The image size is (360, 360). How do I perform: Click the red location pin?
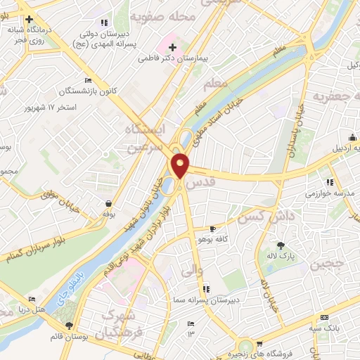click(180, 165)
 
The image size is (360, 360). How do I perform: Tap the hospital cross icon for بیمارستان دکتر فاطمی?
click(172, 46)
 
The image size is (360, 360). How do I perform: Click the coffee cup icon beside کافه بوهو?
click(214, 229)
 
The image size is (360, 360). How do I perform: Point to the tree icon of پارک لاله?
click(281, 245)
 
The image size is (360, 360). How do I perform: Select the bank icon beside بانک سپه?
click(325, 317)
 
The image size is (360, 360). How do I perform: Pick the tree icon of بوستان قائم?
click(68, 325)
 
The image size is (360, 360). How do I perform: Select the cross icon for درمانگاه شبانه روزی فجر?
click(28, 19)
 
